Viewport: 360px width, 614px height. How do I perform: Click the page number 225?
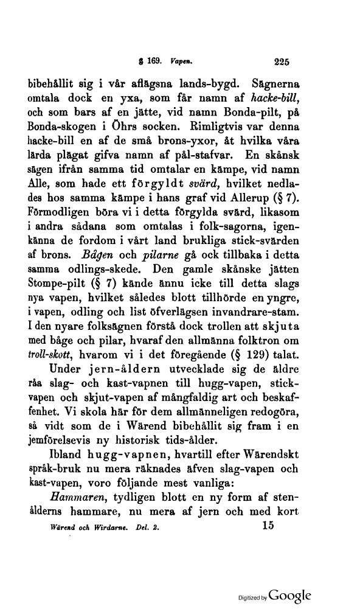tap(284, 60)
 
